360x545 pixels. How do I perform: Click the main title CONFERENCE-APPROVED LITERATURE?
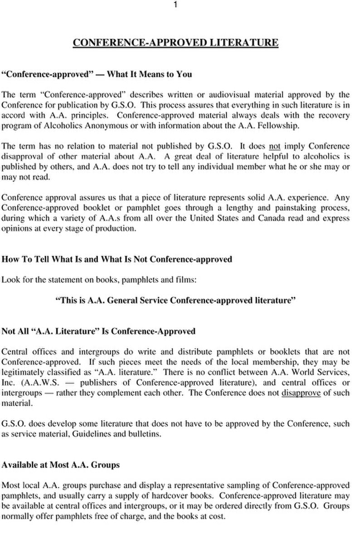(175, 43)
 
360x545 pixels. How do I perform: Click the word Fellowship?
(281, 126)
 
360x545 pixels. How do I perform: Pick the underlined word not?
(275, 146)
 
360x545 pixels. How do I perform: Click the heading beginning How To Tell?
(117, 259)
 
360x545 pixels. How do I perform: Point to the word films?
(185, 280)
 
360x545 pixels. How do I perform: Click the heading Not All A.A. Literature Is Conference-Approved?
(99, 331)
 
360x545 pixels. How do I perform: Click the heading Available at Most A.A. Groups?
(61, 465)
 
